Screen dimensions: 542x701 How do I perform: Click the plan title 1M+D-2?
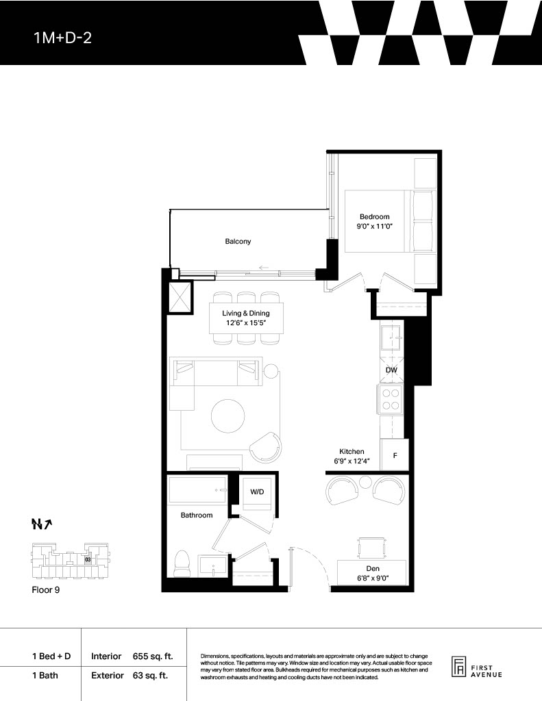(62, 38)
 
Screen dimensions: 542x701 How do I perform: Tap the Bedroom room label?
(375, 217)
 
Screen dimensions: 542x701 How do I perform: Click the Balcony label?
(238, 242)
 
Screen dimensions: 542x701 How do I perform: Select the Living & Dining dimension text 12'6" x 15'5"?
(246, 323)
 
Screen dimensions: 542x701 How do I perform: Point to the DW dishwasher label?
(391, 370)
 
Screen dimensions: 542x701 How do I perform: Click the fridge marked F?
(394, 455)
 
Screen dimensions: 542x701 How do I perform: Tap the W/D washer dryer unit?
(258, 493)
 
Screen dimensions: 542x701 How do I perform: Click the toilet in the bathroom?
(182, 564)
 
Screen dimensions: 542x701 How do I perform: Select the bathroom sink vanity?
(214, 567)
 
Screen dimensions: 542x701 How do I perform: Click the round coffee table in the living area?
(228, 416)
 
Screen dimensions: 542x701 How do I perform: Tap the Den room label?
(373, 569)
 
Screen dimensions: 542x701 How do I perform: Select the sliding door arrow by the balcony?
(264, 268)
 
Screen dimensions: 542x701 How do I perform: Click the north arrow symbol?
(42, 524)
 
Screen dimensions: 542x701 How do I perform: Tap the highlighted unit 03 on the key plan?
(88, 559)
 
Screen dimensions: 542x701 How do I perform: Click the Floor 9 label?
(46, 590)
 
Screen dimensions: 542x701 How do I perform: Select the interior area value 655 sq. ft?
(153, 657)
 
